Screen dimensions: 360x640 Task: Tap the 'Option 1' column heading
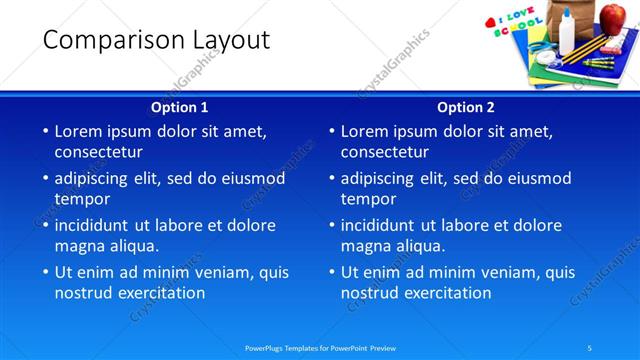(x=180, y=107)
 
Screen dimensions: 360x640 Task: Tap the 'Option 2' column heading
(x=466, y=107)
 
